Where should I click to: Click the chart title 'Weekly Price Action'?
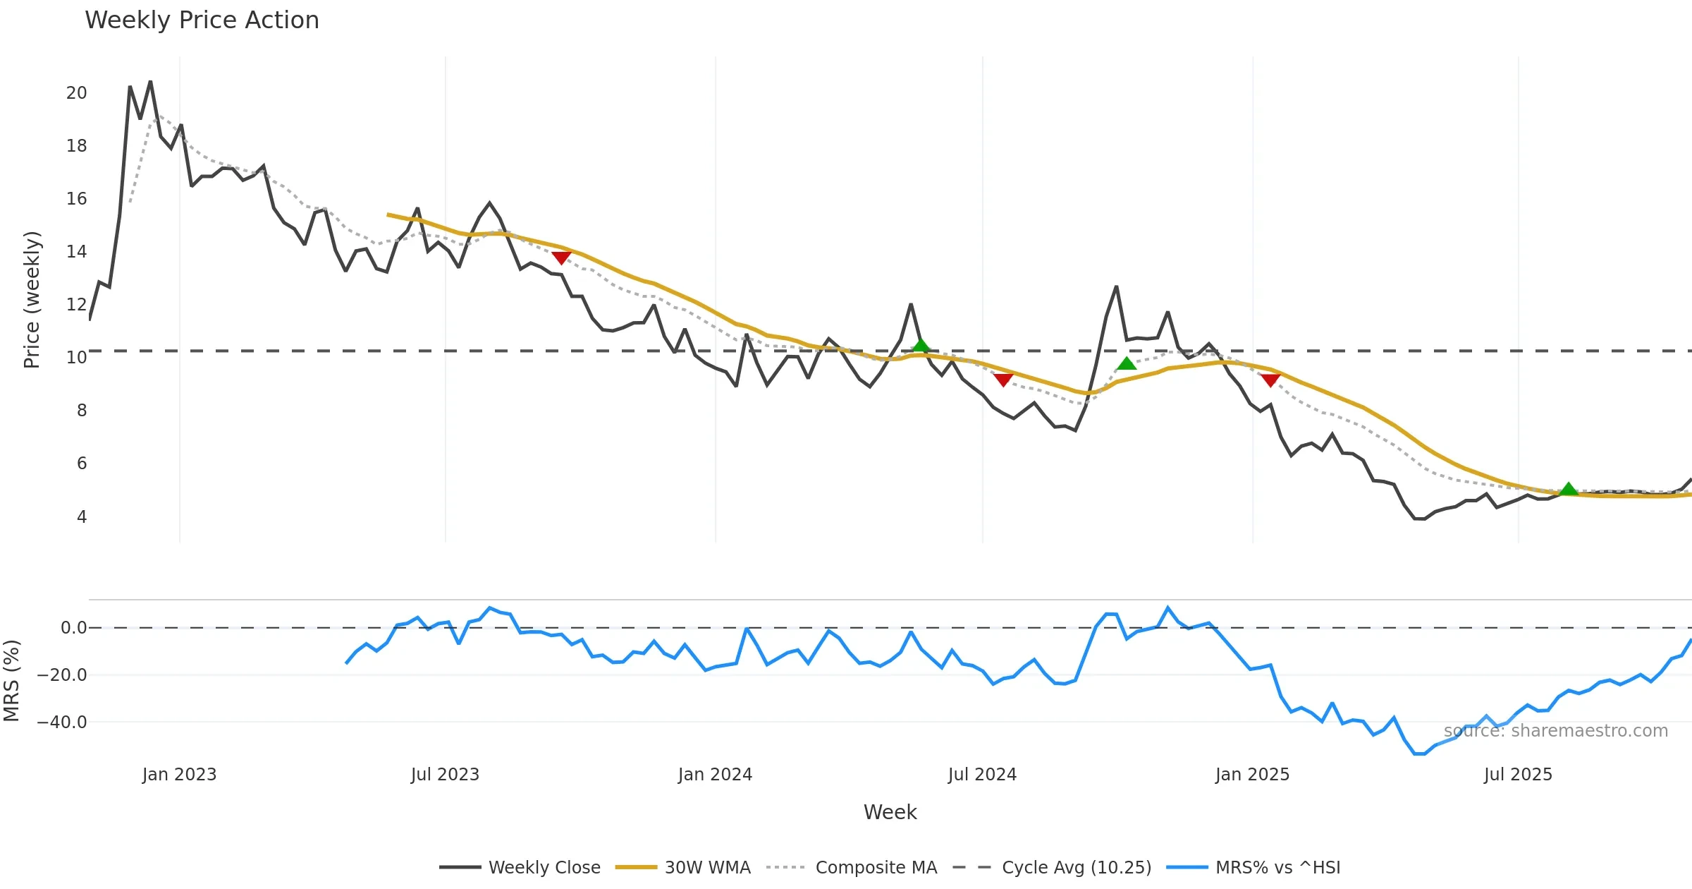[x=202, y=20]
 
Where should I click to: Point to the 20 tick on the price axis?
[x=76, y=93]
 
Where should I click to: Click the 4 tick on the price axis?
[x=82, y=517]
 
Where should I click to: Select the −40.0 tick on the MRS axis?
[x=62, y=722]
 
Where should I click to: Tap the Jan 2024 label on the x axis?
[x=715, y=775]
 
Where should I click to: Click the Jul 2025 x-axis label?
[x=1518, y=775]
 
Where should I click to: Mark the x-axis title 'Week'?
[x=890, y=813]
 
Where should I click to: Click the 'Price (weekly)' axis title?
[x=32, y=300]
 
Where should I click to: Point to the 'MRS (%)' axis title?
[x=12, y=681]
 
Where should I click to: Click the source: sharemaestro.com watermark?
[x=1555, y=731]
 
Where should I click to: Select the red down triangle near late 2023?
[x=561, y=258]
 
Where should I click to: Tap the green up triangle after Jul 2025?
[x=1568, y=489]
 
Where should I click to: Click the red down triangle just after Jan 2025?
[x=1270, y=380]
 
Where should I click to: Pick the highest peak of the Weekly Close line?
[x=150, y=82]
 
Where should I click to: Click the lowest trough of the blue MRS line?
[x=1419, y=754]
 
